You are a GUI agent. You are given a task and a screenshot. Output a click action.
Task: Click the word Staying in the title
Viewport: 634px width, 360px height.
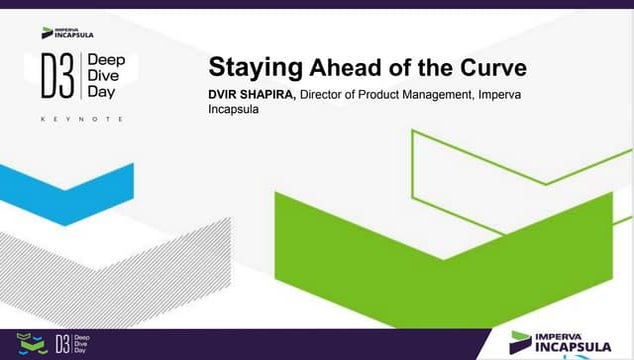[255, 68]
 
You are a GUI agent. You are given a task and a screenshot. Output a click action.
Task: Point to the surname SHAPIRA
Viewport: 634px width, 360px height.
[274, 95]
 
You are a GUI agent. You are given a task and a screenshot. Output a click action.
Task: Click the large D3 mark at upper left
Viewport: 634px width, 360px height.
[58, 77]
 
